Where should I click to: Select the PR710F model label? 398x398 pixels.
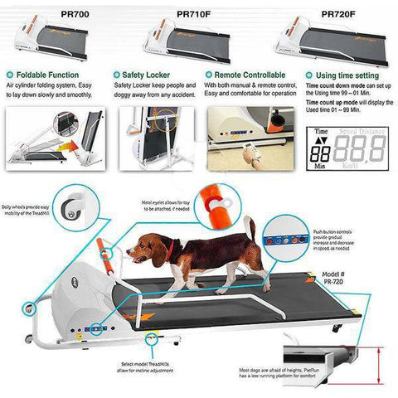[196, 13]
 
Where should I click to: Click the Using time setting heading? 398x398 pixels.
[343, 74]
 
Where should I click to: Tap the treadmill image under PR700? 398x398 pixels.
[60, 44]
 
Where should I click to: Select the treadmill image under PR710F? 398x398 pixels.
[196, 44]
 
